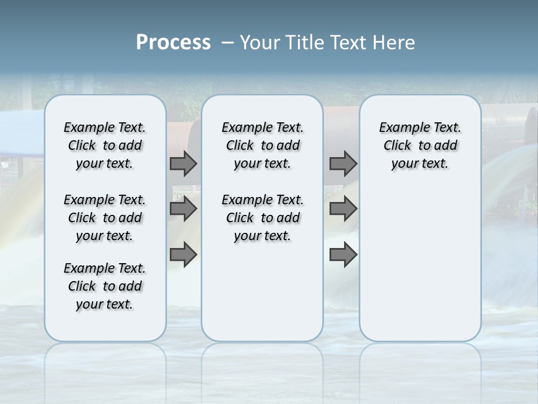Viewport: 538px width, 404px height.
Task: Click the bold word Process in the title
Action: (x=173, y=43)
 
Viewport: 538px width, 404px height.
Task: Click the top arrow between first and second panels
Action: (x=183, y=163)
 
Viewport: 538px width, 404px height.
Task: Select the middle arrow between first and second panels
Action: (x=183, y=209)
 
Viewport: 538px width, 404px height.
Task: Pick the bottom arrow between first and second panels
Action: (x=183, y=254)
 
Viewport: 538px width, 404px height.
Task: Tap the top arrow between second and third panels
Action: (x=343, y=163)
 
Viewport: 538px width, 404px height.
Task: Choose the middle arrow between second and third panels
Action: (x=343, y=209)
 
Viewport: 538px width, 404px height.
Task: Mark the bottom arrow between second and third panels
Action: (x=343, y=254)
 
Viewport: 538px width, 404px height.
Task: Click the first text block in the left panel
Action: (x=105, y=145)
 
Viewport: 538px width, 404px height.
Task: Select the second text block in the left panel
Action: (x=105, y=218)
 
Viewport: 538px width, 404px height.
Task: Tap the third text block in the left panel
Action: (x=105, y=286)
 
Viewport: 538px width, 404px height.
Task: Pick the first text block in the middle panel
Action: (x=263, y=145)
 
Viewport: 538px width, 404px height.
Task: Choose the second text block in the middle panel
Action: (x=263, y=218)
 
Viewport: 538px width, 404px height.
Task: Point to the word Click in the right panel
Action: (x=397, y=146)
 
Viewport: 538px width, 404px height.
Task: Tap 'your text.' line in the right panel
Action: (x=420, y=164)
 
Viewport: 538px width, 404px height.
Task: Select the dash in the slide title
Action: (x=228, y=43)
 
